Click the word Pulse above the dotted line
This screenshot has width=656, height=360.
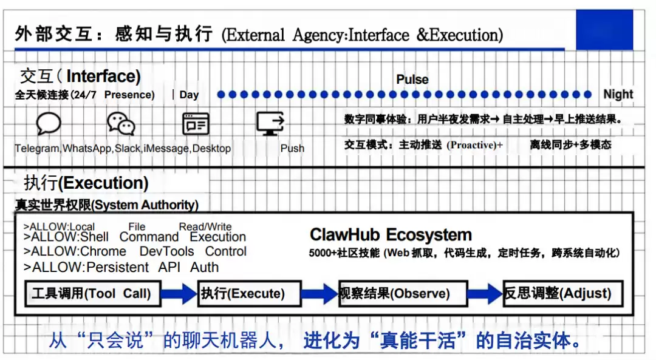(412, 80)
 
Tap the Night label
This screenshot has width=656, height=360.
(618, 95)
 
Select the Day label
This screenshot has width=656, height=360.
(189, 95)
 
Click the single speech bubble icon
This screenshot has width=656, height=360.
(49, 124)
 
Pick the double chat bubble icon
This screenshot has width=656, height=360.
(121, 124)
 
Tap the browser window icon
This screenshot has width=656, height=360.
(196, 124)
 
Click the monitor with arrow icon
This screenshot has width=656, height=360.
(270, 124)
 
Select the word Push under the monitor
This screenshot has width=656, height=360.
(292, 149)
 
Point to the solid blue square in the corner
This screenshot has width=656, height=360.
(604, 30)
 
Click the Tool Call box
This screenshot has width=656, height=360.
(93, 293)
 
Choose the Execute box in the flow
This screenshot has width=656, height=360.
(250, 293)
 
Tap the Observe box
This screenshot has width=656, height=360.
(403, 293)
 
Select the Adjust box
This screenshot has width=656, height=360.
(563, 293)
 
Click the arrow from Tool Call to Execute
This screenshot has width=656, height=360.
(179, 293)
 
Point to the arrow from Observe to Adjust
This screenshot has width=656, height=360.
(485, 293)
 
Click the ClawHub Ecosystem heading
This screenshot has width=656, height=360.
(391, 235)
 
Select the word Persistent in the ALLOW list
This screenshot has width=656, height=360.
(117, 267)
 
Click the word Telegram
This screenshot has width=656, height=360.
(37, 149)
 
